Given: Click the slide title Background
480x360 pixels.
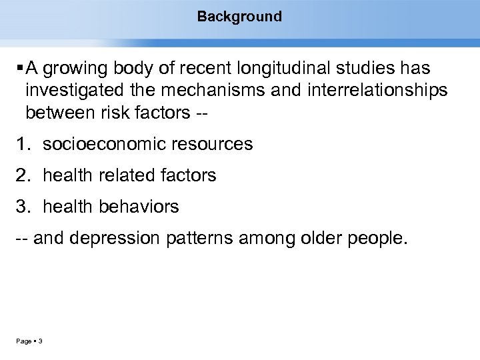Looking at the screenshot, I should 239,16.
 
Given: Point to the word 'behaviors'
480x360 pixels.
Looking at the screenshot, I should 139,207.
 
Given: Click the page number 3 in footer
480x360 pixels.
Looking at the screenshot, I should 41,342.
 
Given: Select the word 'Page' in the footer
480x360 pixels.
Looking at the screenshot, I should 24,342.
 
